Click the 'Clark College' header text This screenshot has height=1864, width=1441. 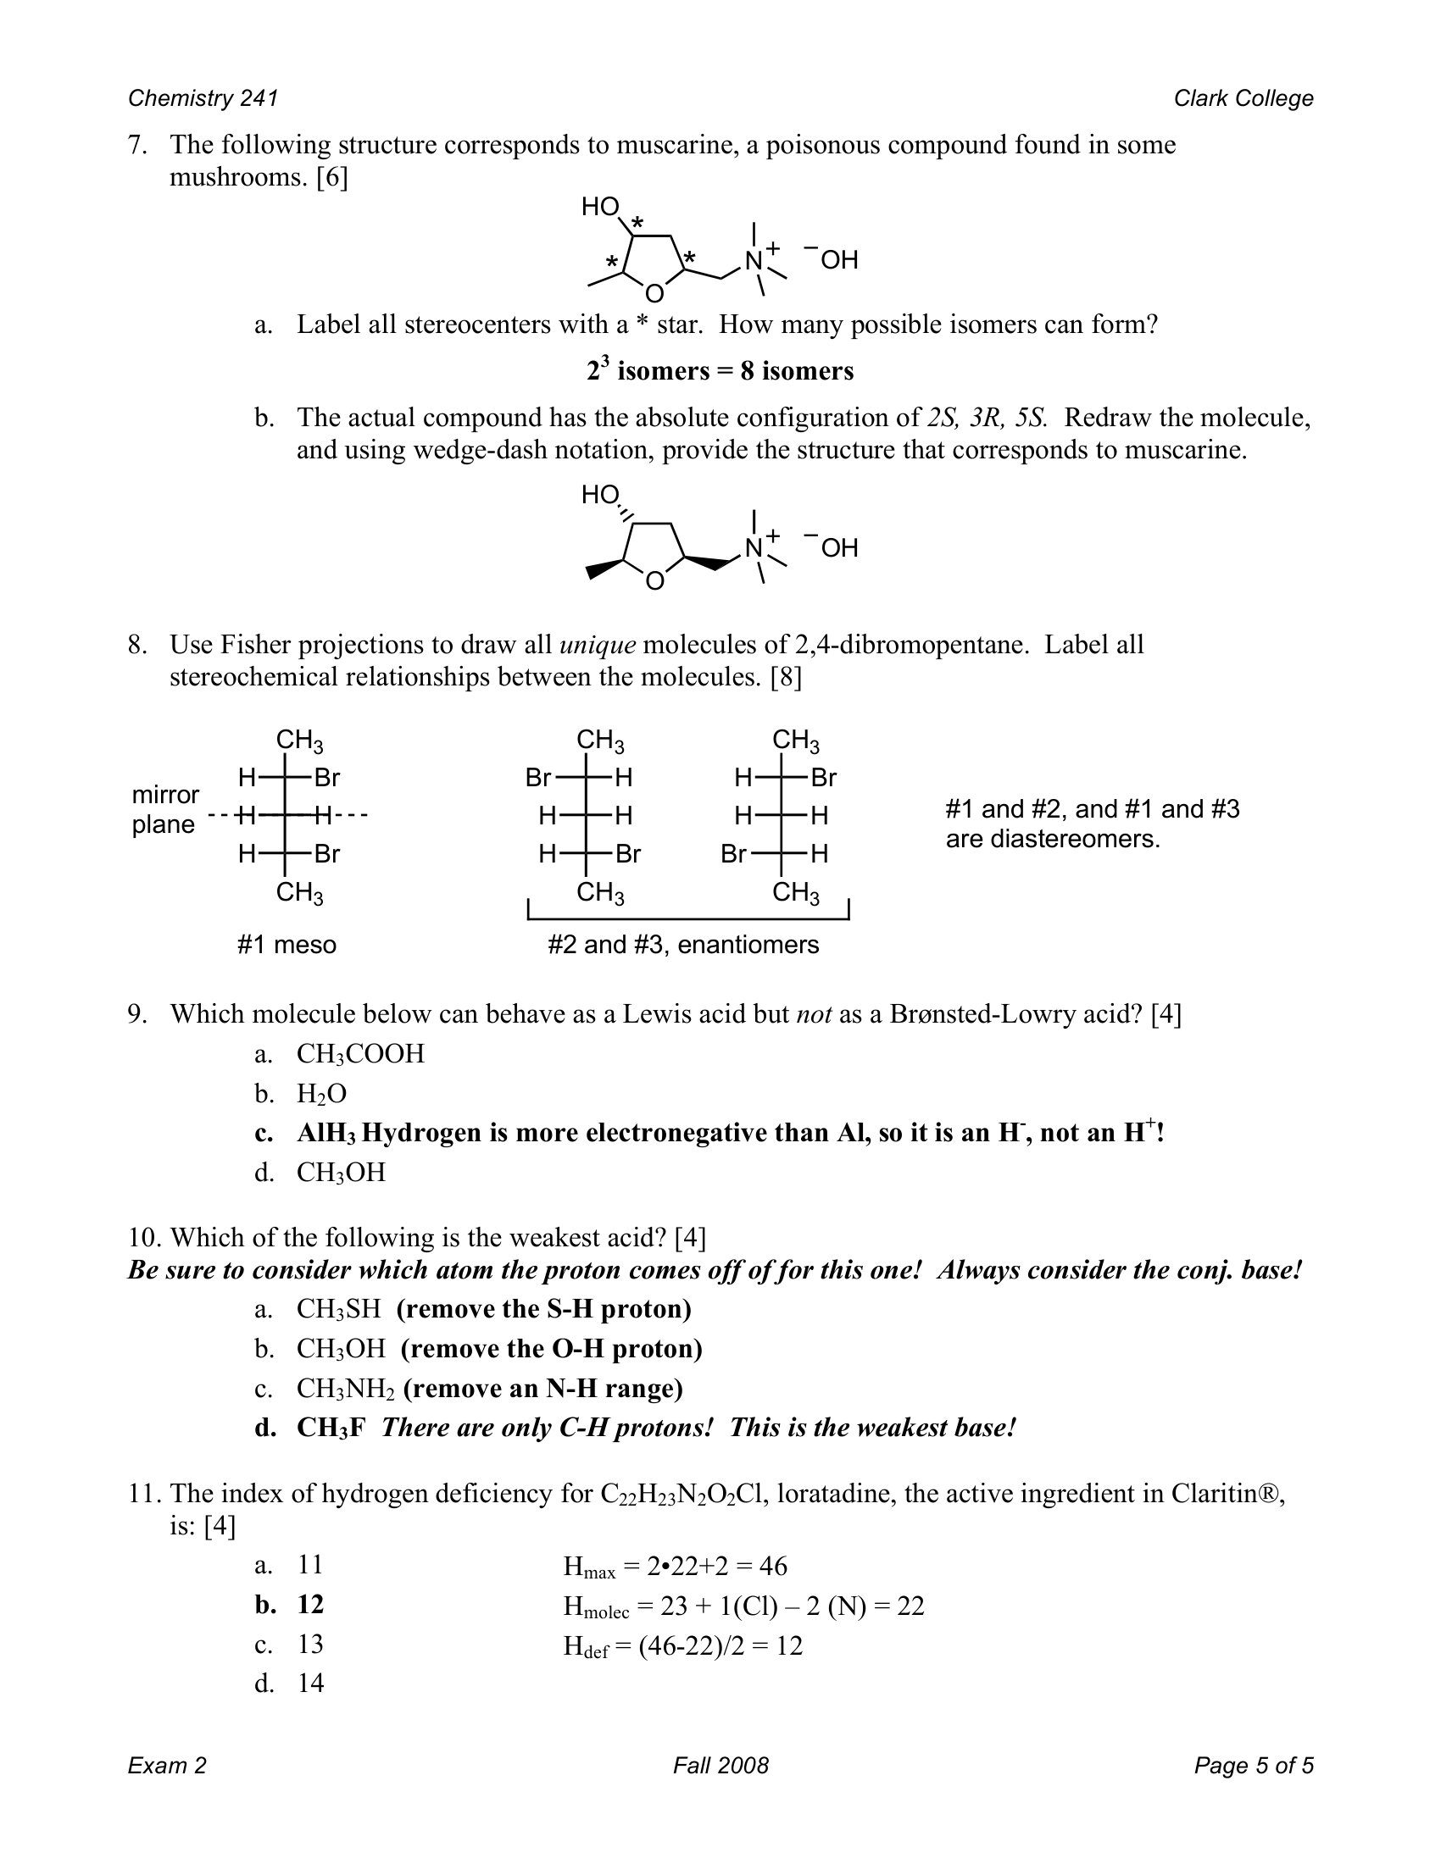1243,98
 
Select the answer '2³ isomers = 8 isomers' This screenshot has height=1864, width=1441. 720,371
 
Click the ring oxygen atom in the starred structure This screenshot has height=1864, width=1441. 654,294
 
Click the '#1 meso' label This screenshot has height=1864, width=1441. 287,945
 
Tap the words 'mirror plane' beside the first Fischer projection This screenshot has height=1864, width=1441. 164,809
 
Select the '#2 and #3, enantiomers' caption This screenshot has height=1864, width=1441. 683,945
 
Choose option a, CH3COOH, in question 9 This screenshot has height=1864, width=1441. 360,1054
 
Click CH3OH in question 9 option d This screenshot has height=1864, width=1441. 341,1172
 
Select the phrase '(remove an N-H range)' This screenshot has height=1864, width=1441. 543,1389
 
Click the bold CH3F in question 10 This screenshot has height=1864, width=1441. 331,1428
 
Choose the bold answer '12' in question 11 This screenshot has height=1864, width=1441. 311,1605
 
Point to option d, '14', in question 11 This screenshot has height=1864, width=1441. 311,1683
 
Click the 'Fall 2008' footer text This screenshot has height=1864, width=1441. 720,1765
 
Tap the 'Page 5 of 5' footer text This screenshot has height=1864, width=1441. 1253,1765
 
